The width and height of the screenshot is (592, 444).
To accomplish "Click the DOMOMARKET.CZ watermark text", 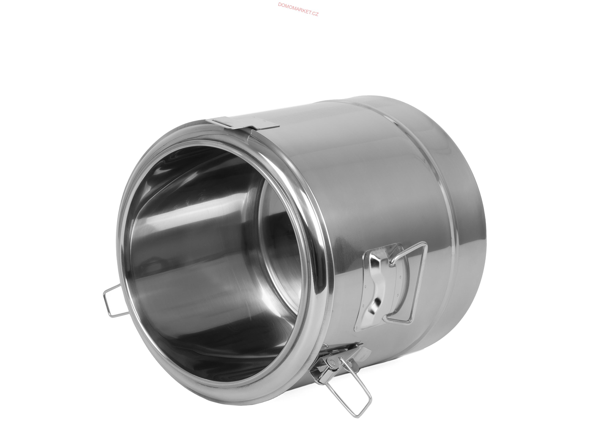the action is click(x=298, y=9).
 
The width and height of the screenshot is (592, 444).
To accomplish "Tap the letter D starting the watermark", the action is click(x=280, y=5).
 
